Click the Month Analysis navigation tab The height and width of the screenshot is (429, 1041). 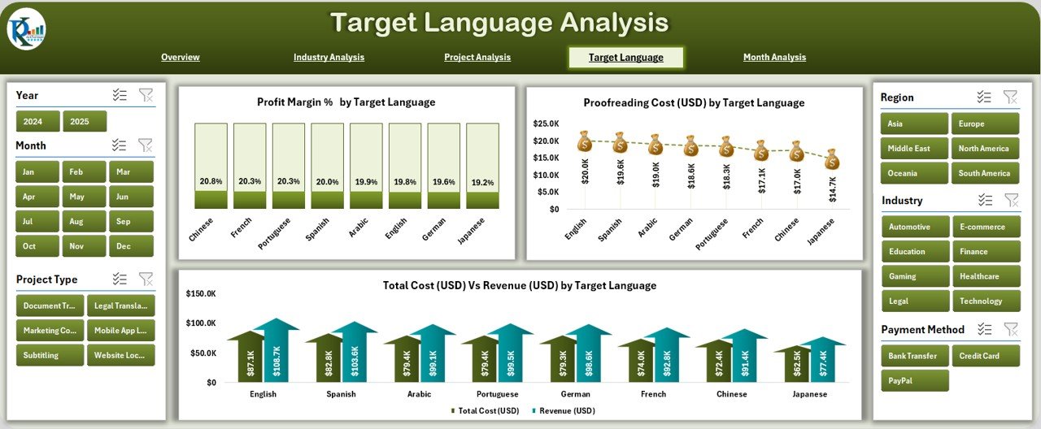tap(774, 57)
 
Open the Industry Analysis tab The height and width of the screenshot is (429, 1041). tap(329, 57)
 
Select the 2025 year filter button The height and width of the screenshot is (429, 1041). tap(85, 121)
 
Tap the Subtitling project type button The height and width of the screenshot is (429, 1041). tap(50, 355)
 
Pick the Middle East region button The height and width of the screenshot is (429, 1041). tap(914, 149)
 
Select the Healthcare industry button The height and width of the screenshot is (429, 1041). tap(986, 276)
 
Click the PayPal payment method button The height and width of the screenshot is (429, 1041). tap(914, 380)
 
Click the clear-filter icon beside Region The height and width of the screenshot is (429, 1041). tap(1010, 97)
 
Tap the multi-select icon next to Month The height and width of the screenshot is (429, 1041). tap(120, 145)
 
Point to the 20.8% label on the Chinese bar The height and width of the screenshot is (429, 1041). tap(211, 181)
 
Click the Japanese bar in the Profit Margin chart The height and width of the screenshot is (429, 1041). tap(482, 166)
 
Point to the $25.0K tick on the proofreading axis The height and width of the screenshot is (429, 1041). tap(545, 123)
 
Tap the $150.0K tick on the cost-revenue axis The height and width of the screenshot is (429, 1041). tap(200, 293)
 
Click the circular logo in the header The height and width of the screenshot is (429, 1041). tap(26, 28)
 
